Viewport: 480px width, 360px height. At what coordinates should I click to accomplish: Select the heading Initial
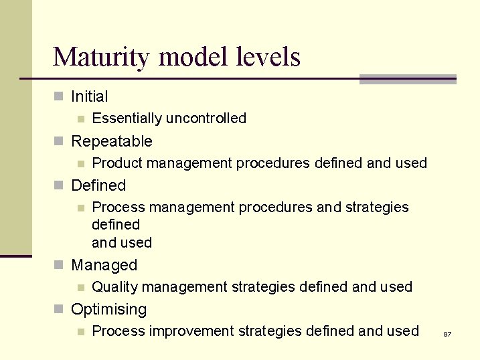coord(89,96)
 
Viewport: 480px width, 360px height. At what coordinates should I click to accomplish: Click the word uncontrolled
coord(206,118)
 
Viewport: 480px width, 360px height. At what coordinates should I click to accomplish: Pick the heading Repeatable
coord(111,141)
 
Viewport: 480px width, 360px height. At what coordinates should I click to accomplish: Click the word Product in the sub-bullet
coord(117,163)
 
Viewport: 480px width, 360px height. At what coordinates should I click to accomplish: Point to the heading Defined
coord(98,185)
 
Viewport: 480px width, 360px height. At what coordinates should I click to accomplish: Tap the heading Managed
coord(104,265)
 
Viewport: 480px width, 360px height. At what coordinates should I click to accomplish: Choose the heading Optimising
coord(108,309)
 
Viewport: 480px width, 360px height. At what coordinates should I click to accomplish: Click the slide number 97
coord(447,333)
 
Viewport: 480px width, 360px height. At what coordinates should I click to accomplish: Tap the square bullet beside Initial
coord(58,97)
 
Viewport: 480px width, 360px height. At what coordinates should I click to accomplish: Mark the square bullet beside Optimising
coord(58,310)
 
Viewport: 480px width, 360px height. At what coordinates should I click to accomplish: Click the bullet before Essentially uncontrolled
coord(80,119)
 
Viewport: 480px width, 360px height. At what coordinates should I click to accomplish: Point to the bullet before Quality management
coord(80,288)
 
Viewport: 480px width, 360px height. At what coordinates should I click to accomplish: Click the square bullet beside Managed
coord(58,266)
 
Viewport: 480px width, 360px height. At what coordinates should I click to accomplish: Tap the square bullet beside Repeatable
coord(58,142)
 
